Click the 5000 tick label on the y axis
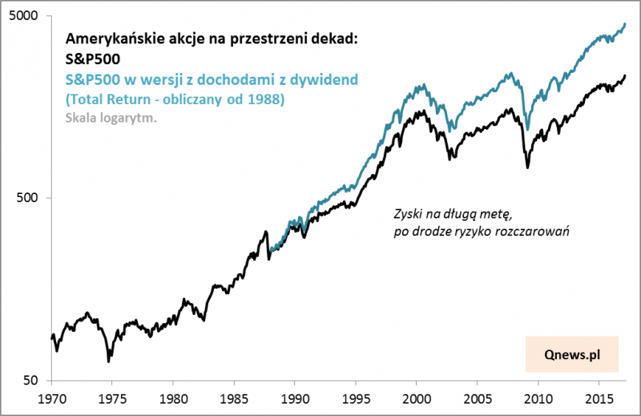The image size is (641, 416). (x=27, y=16)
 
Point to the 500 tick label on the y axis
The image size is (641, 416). (x=30, y=198)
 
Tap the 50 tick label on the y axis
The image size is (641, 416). (x=34, y=380)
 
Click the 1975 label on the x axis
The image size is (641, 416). (x=112, y=398)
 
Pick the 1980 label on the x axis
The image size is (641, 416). (x=173, y=398)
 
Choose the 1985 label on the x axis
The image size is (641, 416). (x=234, y=398)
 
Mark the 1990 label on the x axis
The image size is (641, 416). (x=295, y=398)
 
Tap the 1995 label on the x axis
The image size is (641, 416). (x=356, y=398)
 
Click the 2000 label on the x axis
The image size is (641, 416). (x=417, y=398)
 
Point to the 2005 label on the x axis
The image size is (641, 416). (x=478, y=398)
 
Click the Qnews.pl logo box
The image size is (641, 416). (x=572, y=353)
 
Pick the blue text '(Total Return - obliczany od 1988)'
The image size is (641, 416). (x=174, y=99)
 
